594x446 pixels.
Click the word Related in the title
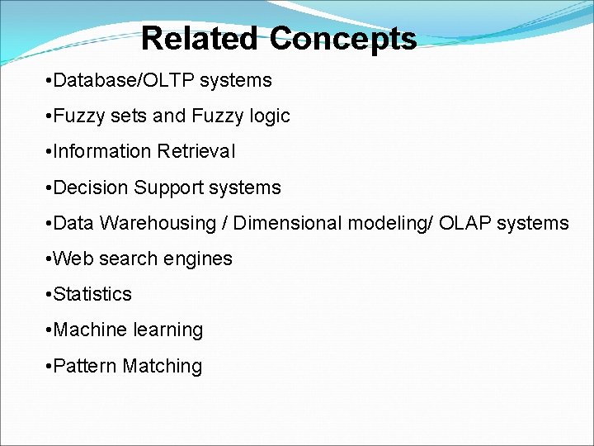199,39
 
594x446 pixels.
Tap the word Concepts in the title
342,39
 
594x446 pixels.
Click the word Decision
90,187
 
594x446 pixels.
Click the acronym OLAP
464,223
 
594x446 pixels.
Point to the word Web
71,259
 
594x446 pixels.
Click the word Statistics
92,294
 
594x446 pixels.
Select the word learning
168,330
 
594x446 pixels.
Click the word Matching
162,366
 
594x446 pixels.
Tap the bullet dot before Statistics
49,294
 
